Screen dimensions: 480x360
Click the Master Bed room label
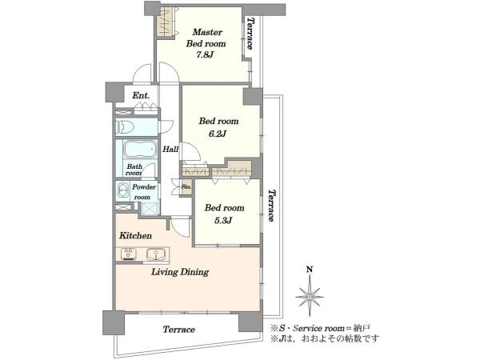click(206, 38)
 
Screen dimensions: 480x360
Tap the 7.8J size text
click(205, 55)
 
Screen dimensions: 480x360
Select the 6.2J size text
click(218, 134)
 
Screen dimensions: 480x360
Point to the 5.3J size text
click(223, 221)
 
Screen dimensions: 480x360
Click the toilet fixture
click(126, 126)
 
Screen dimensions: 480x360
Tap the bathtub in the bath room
click(140, 149)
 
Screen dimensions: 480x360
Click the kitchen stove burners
click(129, 254)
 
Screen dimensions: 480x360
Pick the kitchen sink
click(156, 254)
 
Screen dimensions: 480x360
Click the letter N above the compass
click(310, 270)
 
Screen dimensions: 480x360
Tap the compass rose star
click(310, 296)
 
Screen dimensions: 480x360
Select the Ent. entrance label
click(141, 95)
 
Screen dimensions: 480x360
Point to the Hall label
click(170, 150)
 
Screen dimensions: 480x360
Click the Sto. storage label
click(186, 186)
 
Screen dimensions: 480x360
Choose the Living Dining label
click(180, 272)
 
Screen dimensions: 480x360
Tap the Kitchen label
click(135, 235)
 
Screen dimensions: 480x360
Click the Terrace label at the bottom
click(178, 330)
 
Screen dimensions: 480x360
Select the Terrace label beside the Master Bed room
click(250, 34)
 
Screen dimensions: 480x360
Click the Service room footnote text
click(320, 328)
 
